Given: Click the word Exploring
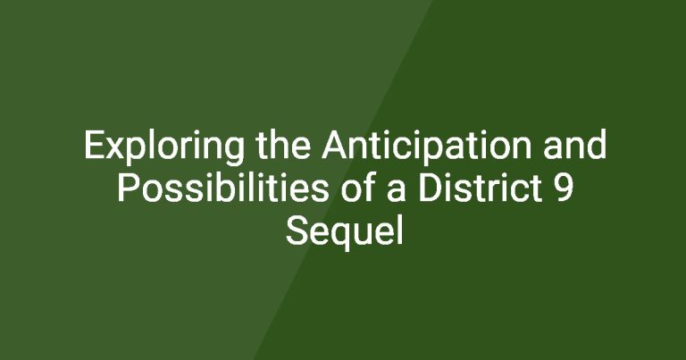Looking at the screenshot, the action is [164, 147].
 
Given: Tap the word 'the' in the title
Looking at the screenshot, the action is [283, 145].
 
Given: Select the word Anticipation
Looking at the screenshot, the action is [427, 147].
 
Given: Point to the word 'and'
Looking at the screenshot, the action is [574, 145].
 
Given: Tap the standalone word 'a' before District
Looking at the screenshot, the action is [397, 191].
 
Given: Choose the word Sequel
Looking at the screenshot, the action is [344, 233].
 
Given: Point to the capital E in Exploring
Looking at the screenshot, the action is [94, 145].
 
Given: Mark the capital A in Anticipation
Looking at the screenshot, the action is [334, 145].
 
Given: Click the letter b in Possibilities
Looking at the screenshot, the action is [227, 188].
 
